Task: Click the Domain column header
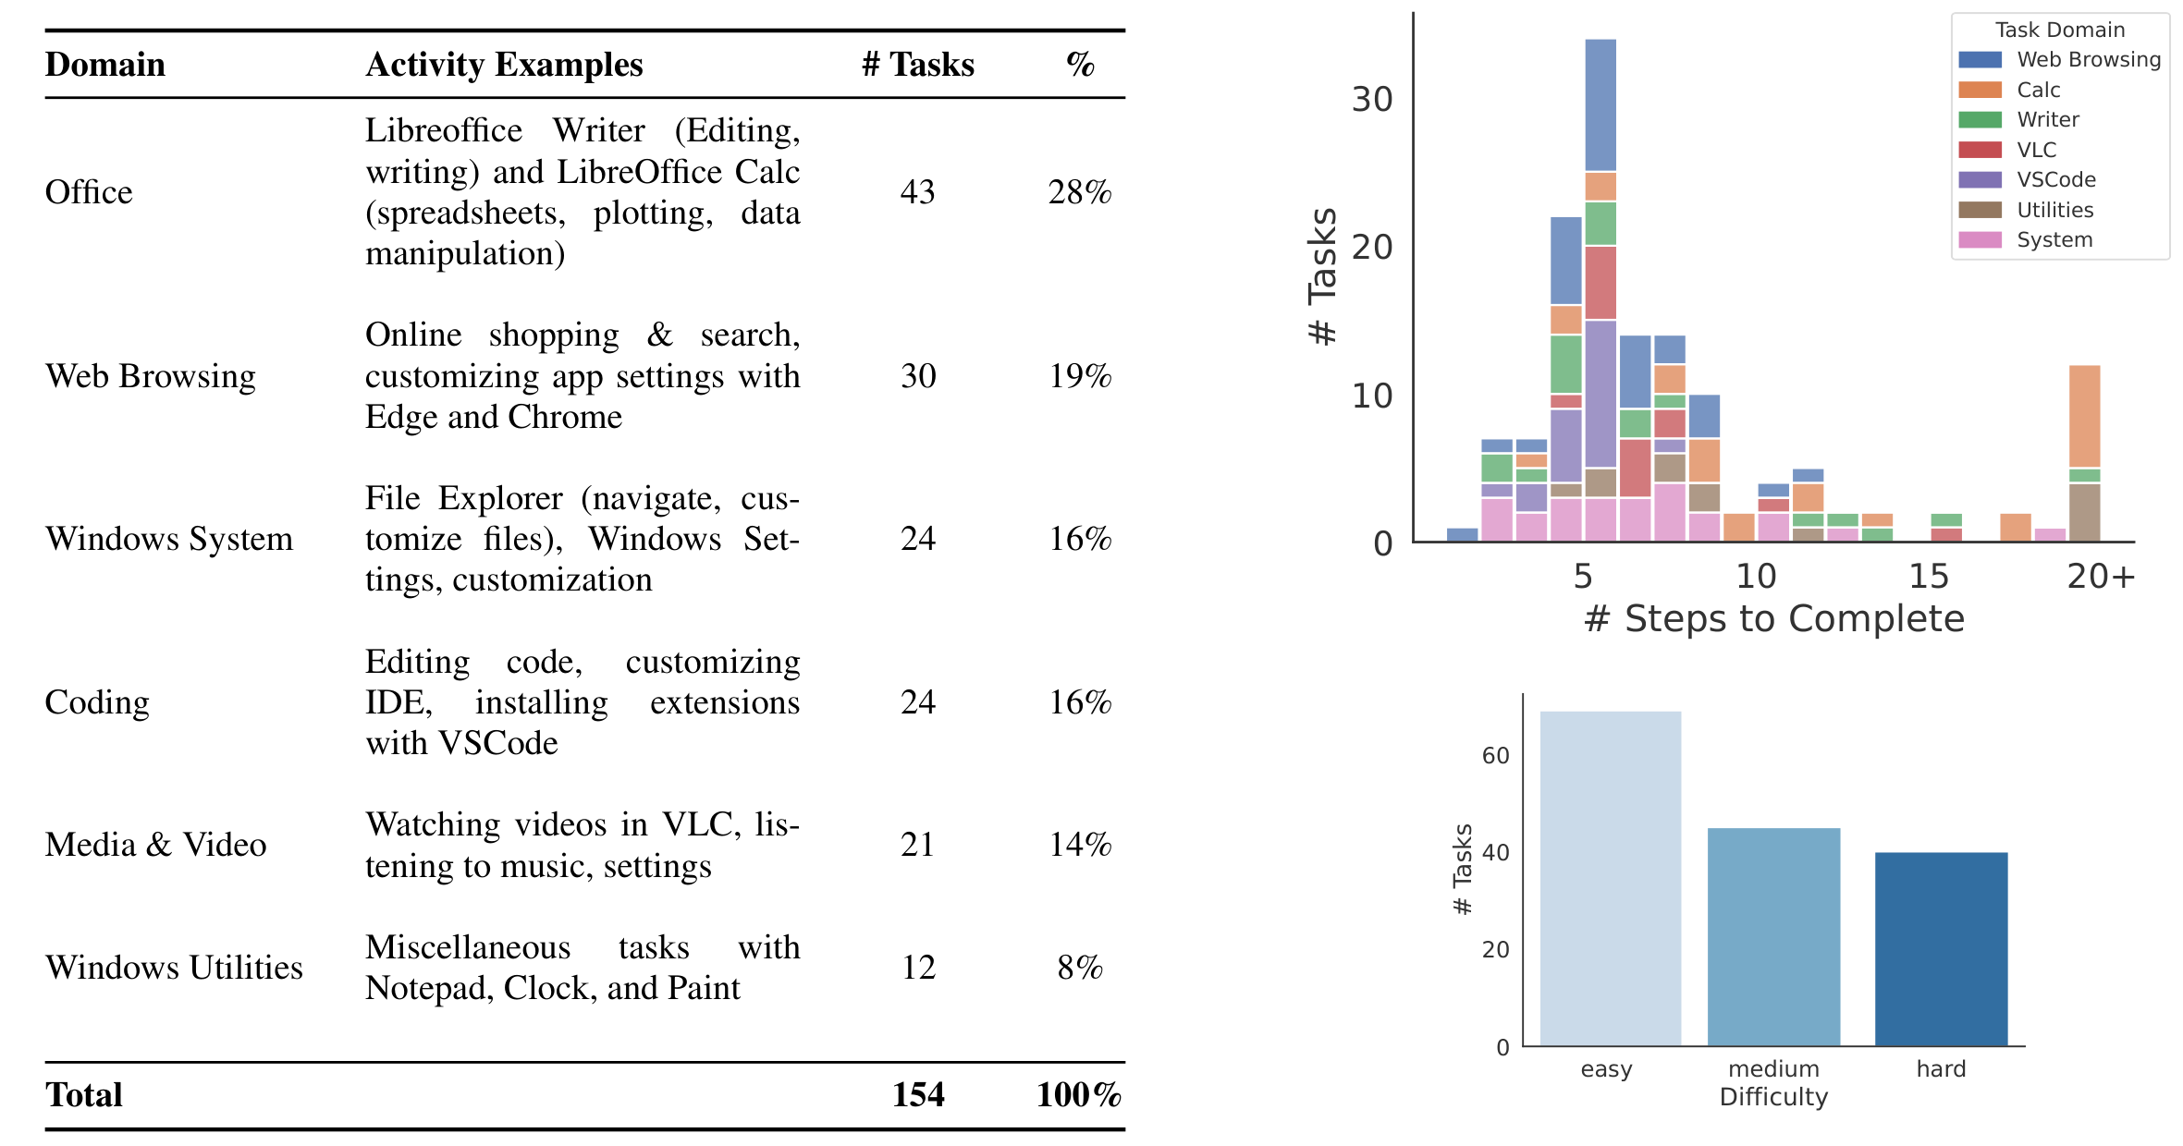tap(104, 65)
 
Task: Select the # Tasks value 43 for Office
tap(917, 192)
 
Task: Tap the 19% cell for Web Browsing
tap(1079, 376)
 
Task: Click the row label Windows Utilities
tap(174, 968)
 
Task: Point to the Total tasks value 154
tap(917, 1095)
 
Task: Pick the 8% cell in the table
tap(1079, 968)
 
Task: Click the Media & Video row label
tap(155, 845)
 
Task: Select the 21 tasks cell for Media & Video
tap(917, 845)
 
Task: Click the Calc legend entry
tap(2037, 90)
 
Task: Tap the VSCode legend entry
tap(2055, 179)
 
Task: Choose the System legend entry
tap(2054, 239)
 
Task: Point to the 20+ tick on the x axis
tap(2101, 577)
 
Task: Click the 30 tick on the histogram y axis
tap(1371, 100)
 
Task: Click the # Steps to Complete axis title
tap(1773, 618)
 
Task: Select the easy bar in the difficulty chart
tap(1610, 878)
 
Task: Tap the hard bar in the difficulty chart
tap(1941, 948)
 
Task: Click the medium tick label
tap(1772, 1069)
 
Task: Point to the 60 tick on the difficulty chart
tap(1495, 756)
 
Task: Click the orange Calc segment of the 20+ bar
tap(2084, 416)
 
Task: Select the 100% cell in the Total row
tap(1078, 1095)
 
